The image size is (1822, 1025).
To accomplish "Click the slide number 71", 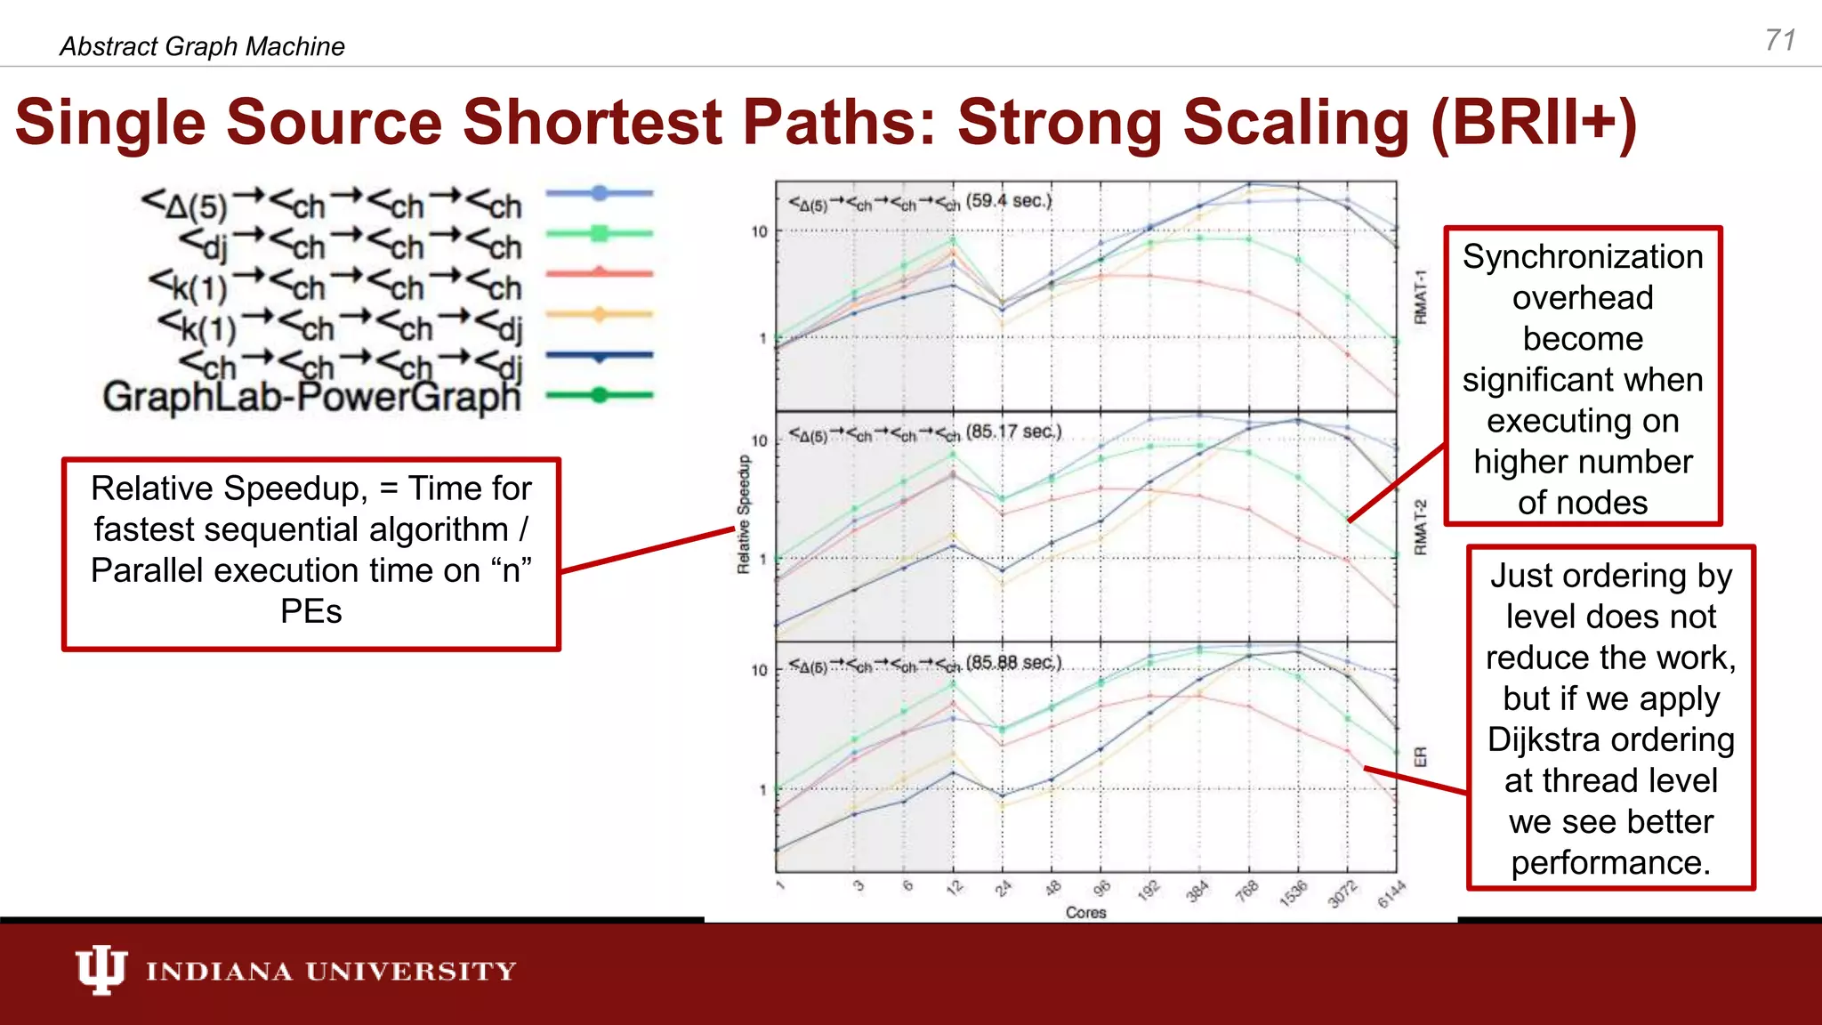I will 1780,40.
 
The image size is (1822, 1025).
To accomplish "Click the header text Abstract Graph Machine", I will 202,46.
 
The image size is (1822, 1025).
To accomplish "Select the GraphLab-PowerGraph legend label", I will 311,397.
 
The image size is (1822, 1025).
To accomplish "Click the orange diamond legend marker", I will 600,314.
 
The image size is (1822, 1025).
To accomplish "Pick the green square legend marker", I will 600,234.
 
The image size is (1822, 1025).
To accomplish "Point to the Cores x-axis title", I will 1085,912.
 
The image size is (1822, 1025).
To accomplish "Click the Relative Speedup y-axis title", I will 744,514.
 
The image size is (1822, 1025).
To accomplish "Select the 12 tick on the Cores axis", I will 955,888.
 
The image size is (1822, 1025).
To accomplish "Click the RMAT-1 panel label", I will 1420,297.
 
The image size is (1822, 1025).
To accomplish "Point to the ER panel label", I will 1420,757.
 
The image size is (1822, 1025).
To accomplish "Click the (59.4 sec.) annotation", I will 1008,201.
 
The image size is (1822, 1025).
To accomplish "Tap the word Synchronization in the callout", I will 1583,257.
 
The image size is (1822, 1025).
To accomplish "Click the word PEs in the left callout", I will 310,611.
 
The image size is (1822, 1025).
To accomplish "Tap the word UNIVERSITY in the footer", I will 411,971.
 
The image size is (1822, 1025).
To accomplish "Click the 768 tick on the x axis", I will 1247,890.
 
